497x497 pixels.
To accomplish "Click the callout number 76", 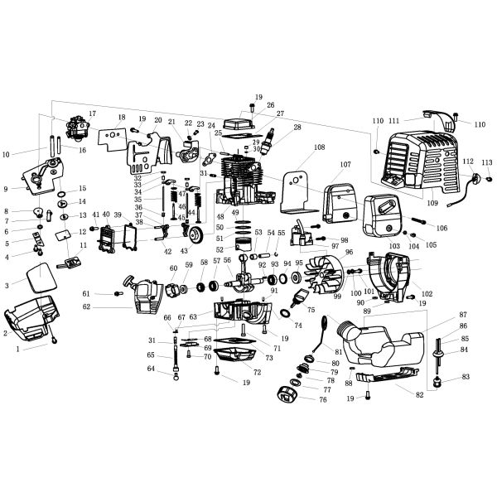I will [323, 400].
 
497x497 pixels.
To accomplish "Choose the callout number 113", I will [487, 162].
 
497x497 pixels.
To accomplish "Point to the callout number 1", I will [19, 349].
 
